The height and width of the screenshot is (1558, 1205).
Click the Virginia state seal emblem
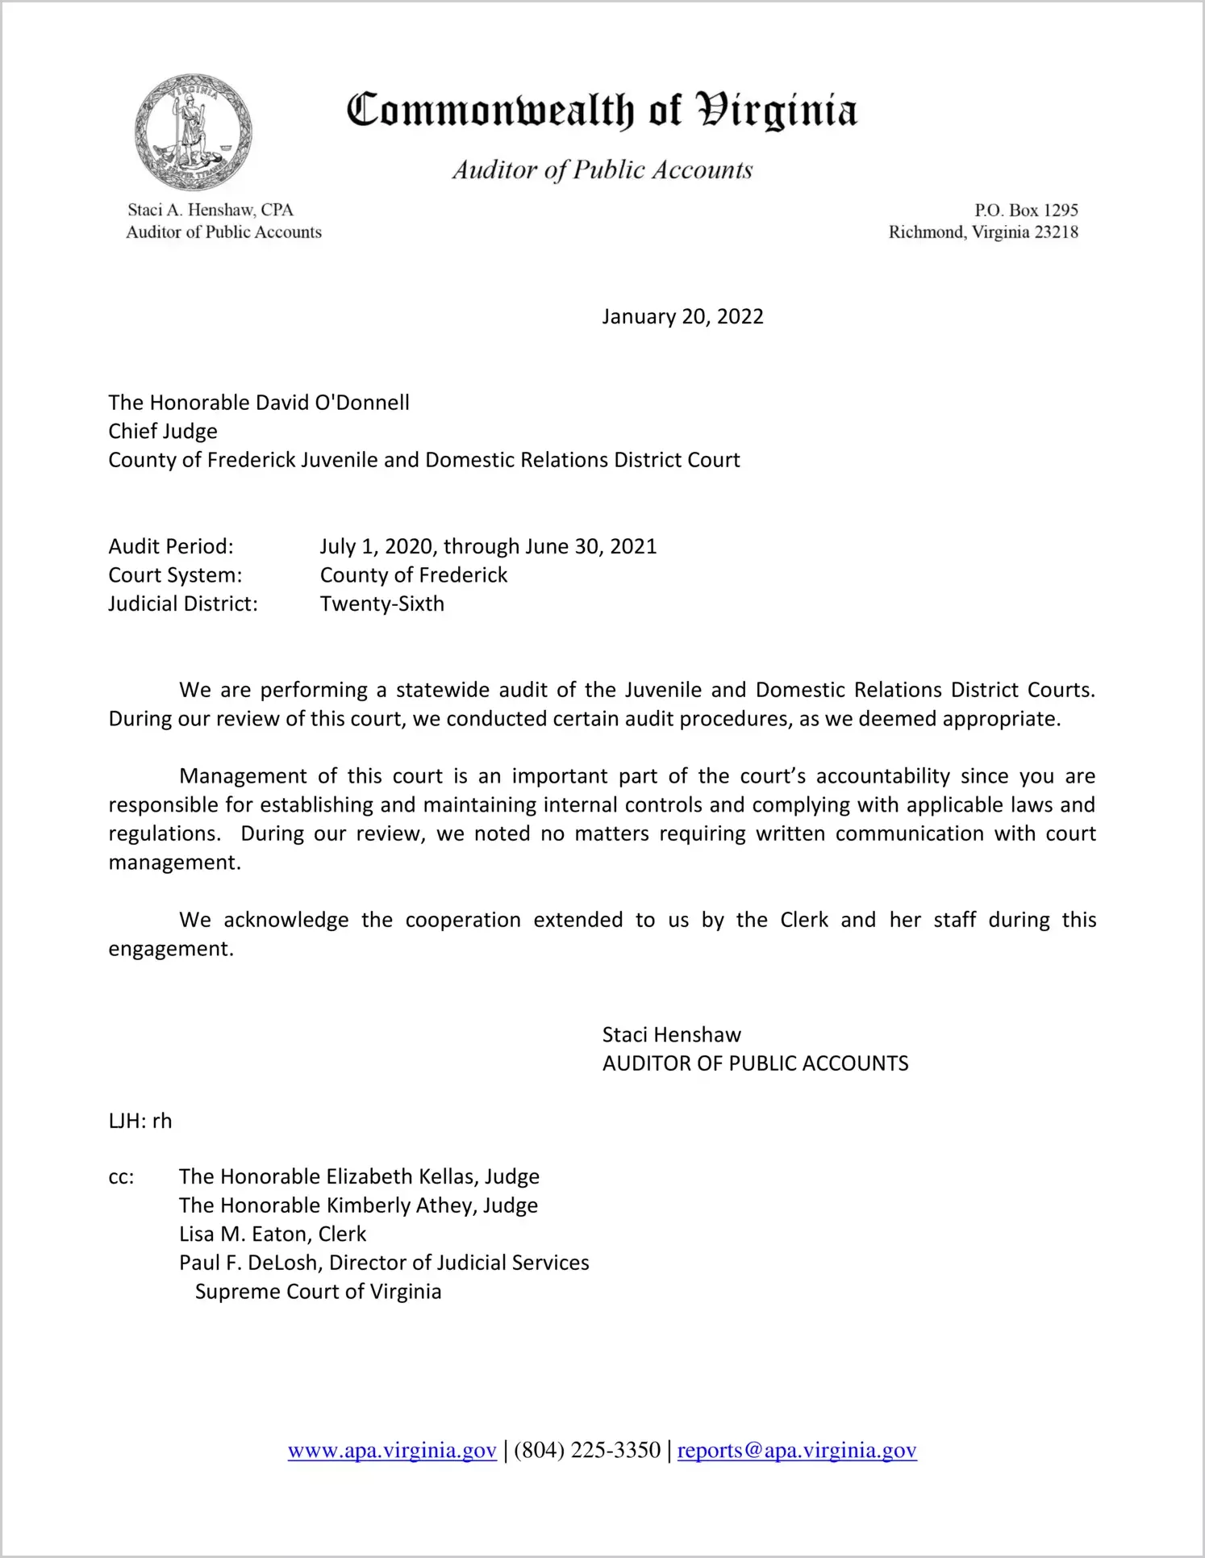pyautogui.click(x=193, y=132)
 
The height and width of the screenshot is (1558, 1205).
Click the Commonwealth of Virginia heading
pyautogui.click(x=602, y=111)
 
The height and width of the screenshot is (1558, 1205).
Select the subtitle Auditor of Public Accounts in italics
pyautogui.click(x=602, y=169)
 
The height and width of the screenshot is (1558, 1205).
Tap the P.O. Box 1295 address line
pyautogui.click(x=1025, y=211)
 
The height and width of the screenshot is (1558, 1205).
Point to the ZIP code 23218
pyautogui.click(x=1056, y=232)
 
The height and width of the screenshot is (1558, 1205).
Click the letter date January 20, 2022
pyautogui.click(x=682, y=316)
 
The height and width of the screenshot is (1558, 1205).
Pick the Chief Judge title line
pyautogui.click(x=163, y=432)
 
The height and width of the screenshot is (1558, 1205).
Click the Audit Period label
pyautogui.click(x=171, y=547)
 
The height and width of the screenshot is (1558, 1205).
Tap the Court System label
pyautogui.click(x=175, y=575)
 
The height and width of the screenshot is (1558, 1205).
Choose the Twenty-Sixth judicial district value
pyautogui.click(x=382, y=604)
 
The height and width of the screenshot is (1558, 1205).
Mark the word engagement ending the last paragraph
pyautogui.click(x=170, y=949)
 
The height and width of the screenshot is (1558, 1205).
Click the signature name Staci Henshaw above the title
pyautogui.click(x=671, y=1035)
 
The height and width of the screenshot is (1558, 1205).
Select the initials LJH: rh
pyautogui.click(x=140, y=1122)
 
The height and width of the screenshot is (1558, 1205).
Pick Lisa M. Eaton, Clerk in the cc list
pyautogui.click(x=273, y=1234)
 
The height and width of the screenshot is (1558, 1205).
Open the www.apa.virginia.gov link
pyautogui.click(x=392, y=1451)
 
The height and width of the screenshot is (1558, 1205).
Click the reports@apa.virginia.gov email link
pyautogui.click(x=797, y=1451)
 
